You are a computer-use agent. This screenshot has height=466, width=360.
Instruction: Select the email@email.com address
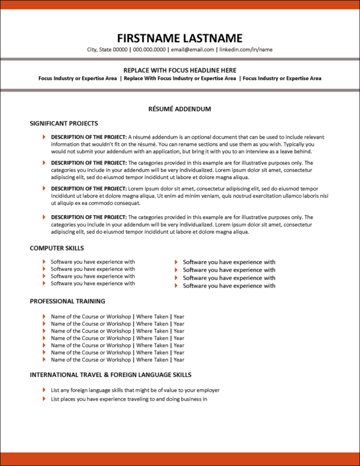tap(193, 50)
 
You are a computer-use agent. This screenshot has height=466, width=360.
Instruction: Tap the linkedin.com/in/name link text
tap(246, 50)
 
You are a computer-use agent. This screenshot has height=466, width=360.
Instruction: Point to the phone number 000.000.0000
tap(149, 50)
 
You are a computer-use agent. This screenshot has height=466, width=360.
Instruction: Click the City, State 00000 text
tap(107, 50)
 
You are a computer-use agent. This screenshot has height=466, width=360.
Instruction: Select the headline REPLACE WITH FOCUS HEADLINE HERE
tap(179, 70)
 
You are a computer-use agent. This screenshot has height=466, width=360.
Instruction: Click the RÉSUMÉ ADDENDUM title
tap(179, 109)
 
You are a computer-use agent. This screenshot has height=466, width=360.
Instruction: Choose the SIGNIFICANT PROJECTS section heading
tap(64, 124)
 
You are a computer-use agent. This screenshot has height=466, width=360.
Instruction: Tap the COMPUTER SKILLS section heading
tap(57, 248)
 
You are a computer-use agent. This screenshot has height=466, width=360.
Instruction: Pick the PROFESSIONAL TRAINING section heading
tap(67, 301)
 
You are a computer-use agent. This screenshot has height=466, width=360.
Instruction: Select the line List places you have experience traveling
tap(129, 399)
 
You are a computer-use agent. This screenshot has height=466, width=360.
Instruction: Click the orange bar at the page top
tap(180, 4)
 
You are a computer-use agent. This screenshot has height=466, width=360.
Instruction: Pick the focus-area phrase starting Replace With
tap(180, 79)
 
